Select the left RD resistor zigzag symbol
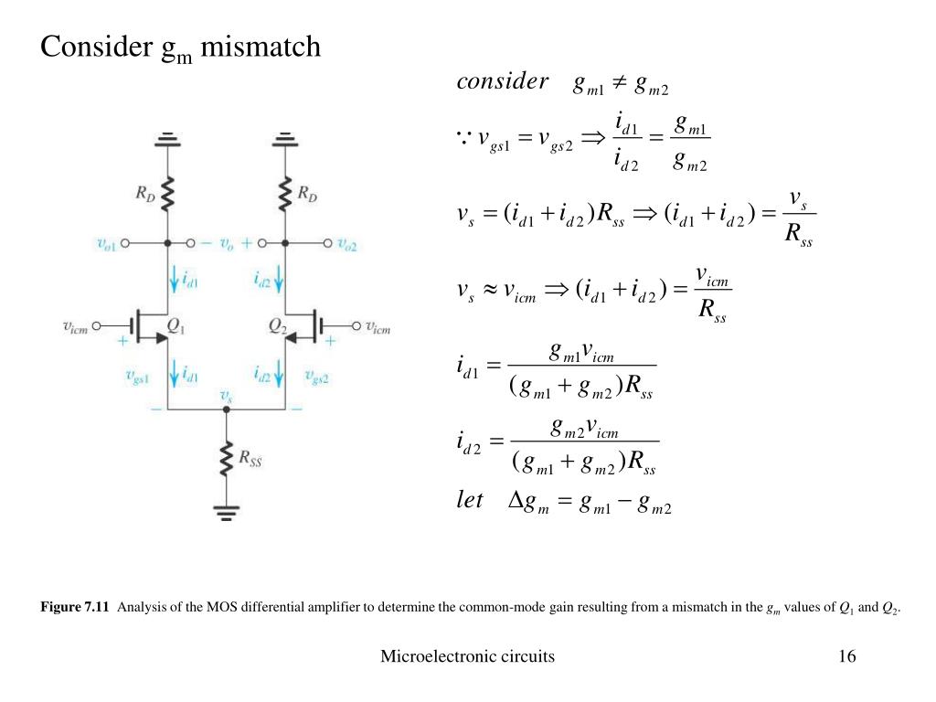tap(167, 193)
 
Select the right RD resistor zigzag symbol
tap(285, 193)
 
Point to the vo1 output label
tap(108, 244)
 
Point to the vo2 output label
tap(348, 244)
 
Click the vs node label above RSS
tap(227, 395)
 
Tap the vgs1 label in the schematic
tap(138, 375)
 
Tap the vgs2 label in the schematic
tap(316, 375)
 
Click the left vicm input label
tap(75, 326)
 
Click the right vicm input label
tap(378, 326)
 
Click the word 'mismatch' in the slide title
tap(261, 46)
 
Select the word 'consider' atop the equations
tap(502, 82)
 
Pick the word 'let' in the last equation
tap(470, 501)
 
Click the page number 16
tap(846, 656)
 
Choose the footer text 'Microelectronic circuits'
tap(467, 656)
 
